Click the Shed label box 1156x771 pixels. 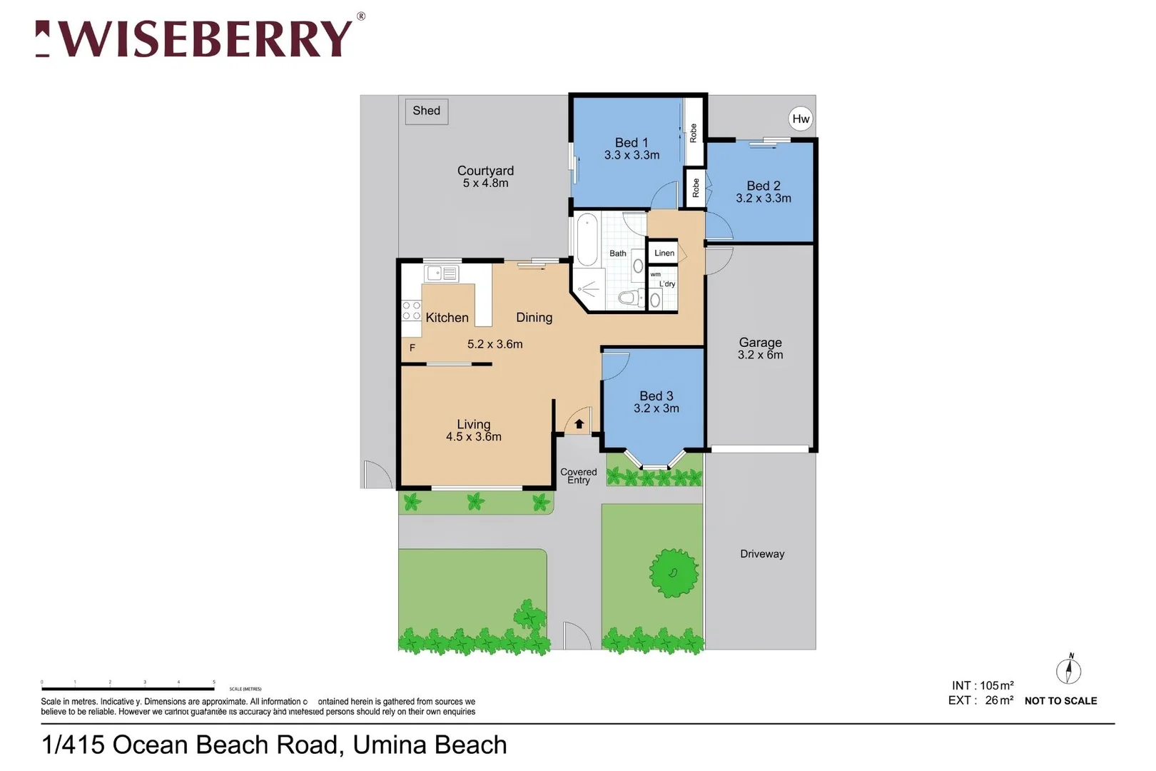coord(427,111)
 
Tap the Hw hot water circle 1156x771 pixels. coord(801,119)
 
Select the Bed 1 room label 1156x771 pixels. coord(632,143)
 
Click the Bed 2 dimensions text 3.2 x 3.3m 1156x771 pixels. coord(764,198)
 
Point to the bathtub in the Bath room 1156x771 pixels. coord(587,239)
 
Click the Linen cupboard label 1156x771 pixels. coord(664,253)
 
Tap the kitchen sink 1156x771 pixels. coord(442,273)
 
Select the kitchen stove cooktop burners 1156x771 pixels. coord(411,311)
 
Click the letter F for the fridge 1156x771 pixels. coord(412,348)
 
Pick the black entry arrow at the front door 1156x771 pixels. coord(579,424)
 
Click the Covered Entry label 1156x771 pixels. coord(579,476)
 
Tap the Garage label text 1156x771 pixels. coord(760,343)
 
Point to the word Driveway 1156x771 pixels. coord(762,554)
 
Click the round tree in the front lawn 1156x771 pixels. coord(674,573)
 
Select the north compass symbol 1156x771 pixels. coord(1068,670)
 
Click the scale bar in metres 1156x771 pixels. coord(128,688)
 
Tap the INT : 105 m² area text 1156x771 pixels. coord(983,685)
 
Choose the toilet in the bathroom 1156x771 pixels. coord(630,297)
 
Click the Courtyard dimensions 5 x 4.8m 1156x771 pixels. coord(485,183)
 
